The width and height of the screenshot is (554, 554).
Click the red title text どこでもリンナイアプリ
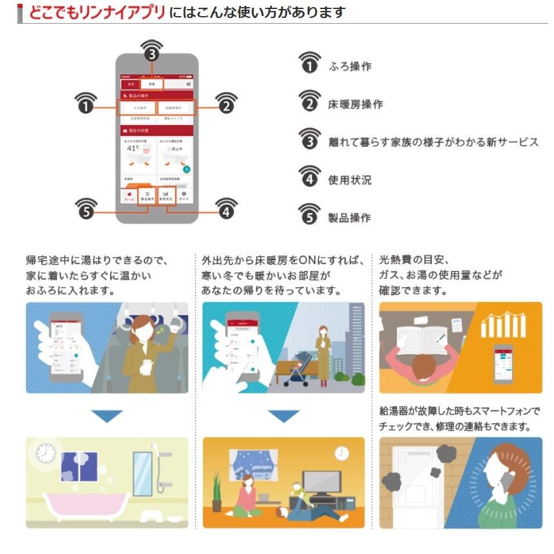97,12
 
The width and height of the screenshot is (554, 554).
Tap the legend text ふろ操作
350,66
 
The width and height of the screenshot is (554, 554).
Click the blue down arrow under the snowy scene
283,416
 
